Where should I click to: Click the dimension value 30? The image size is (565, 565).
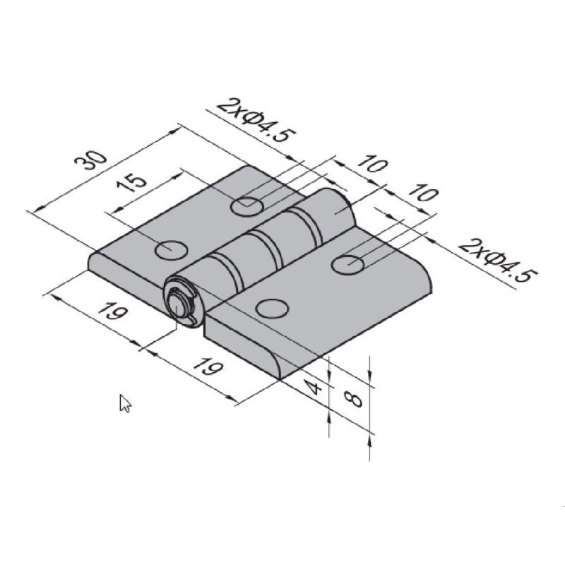tap(90, 160)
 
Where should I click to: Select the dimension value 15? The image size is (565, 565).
tap(132, 183)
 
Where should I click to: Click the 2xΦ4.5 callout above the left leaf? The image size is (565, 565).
tap(257, 119)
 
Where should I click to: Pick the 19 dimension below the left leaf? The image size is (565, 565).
tap(113, 311)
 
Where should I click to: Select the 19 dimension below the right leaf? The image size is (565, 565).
tap(208, 367)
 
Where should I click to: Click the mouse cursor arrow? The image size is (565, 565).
tap(125, 403)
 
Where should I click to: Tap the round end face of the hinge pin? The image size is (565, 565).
tap(179, 303)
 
